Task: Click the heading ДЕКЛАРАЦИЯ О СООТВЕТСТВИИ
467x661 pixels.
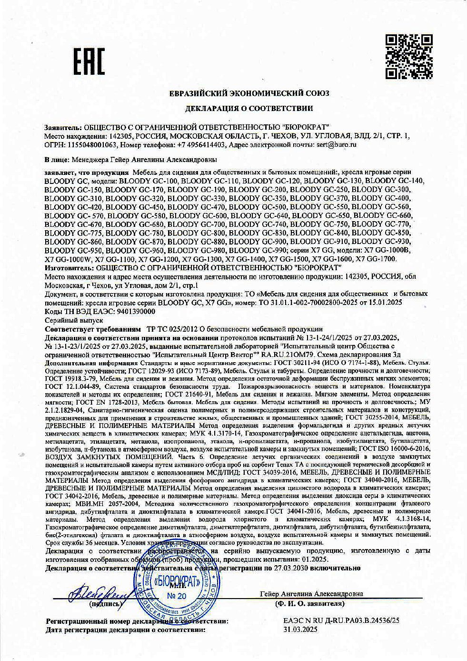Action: pos(248,108)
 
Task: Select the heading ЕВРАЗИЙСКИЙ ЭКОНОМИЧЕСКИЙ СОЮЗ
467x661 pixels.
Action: pos(249,93)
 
